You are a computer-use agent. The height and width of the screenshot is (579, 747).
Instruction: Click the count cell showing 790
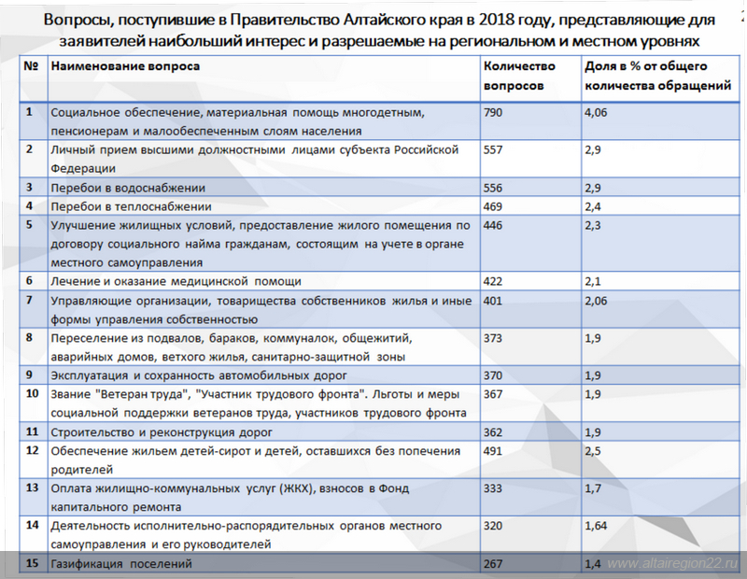[495, 112]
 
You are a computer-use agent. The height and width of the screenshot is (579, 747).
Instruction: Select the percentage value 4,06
[598, 112]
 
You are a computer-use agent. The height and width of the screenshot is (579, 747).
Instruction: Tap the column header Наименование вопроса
[125, 66]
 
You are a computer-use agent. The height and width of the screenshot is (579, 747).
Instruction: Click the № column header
[31, 66]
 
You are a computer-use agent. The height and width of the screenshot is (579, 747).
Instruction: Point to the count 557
[495, 149]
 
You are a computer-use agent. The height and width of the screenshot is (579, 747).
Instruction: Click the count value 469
[495, 206]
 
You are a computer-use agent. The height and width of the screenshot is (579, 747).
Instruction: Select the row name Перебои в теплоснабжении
[131, 206]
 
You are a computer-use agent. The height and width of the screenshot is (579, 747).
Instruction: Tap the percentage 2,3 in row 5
[592, 225]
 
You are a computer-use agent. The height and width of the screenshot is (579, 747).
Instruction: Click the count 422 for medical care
[495, 281]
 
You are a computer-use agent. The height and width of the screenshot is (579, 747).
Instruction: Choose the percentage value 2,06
[598, 300]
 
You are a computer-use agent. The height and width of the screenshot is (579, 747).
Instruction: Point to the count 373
[495, 337]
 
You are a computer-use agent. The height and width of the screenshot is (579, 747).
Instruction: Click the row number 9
[30, 374]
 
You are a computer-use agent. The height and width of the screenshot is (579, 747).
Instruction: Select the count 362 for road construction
[495, 432]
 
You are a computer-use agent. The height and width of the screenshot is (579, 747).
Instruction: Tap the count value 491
[495, 451]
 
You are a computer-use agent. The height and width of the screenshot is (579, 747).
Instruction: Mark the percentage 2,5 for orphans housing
[592, 451]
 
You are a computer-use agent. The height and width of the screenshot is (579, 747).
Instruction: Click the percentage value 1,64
[598, 525]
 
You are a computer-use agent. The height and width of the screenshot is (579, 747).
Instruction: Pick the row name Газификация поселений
[121, 563]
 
